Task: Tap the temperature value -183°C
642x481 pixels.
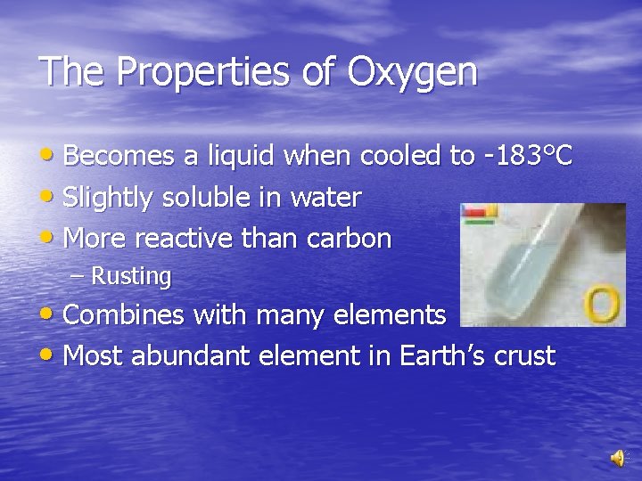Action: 526,157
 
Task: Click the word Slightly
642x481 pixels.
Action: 111,199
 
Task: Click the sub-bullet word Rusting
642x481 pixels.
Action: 131,277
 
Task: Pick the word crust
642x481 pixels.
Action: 527,356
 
